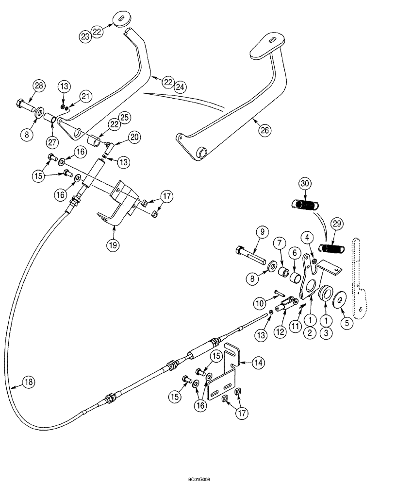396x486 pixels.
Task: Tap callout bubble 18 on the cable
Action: [29, 382]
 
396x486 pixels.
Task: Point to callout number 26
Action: [265, 130]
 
